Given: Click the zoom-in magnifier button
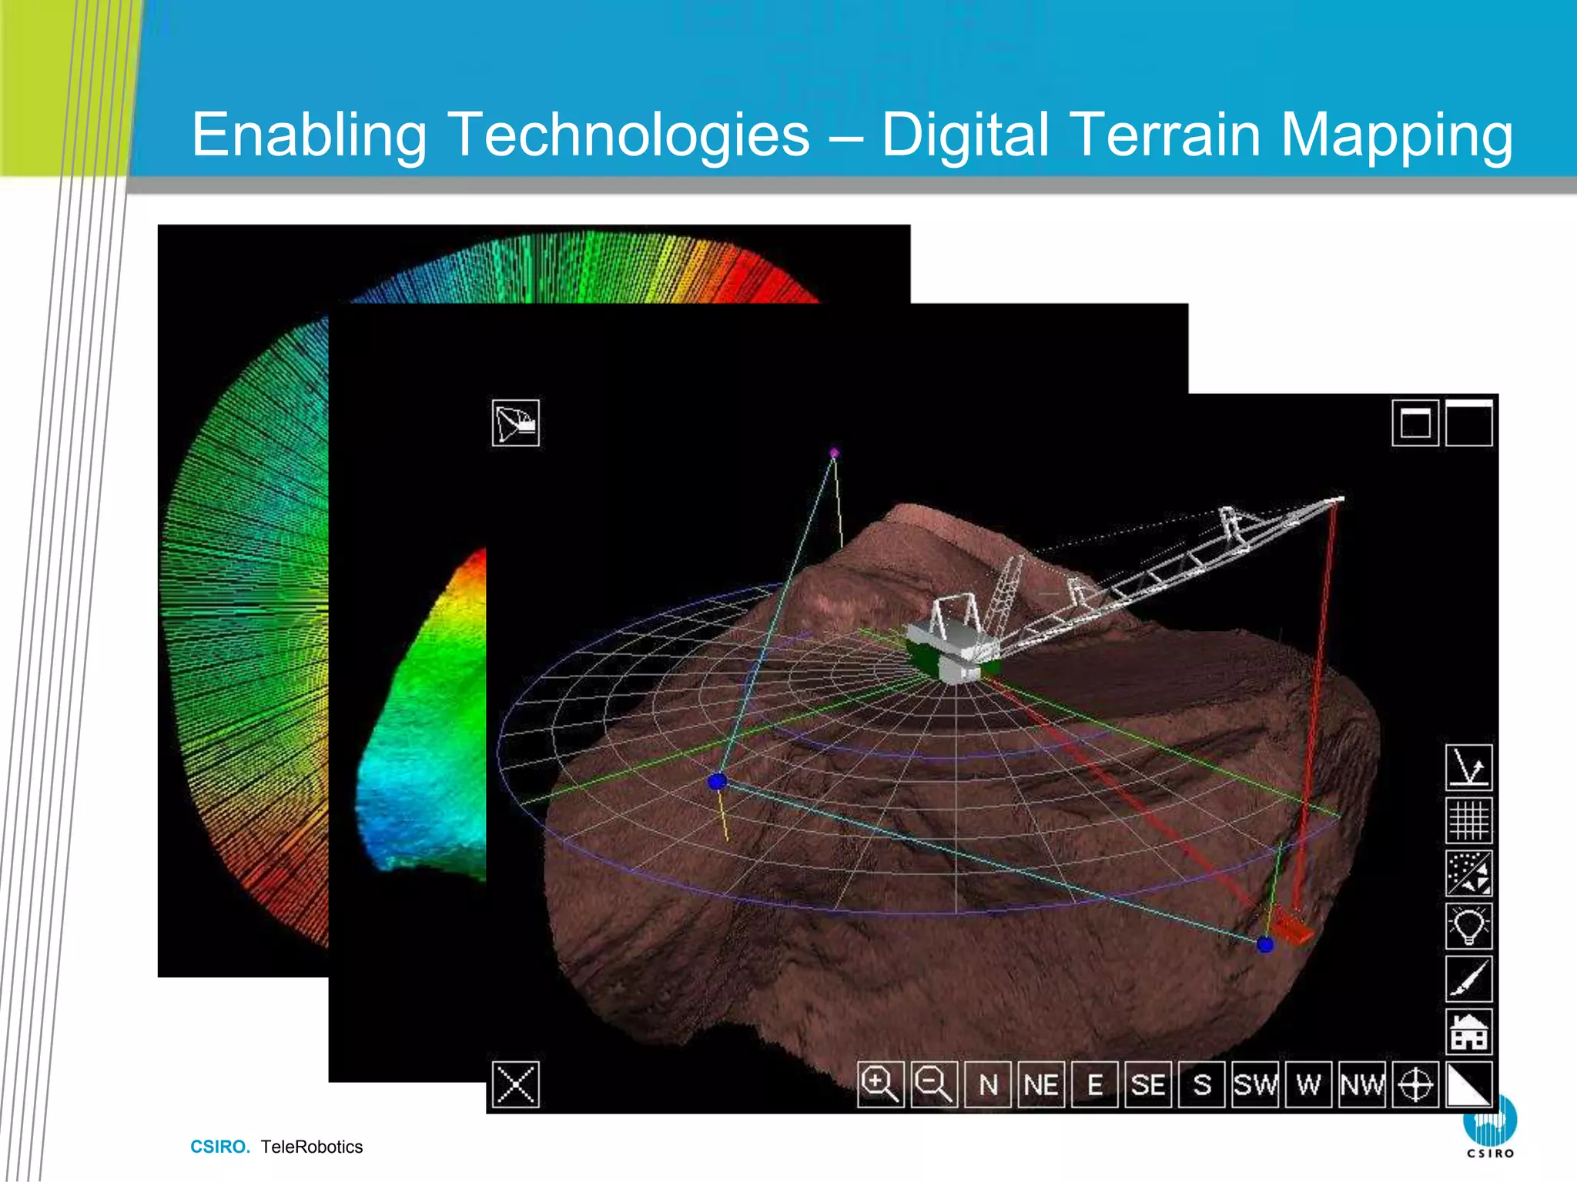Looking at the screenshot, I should point(880,1084).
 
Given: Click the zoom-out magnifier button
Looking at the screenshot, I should point(934,1084).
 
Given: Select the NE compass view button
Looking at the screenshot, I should point(1041,1084).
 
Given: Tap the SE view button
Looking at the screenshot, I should point(1148,1084).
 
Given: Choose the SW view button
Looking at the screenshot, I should point(1255,1084).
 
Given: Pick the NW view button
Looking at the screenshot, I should point(1362,1084).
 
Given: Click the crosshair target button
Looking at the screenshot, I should point(1415,1084).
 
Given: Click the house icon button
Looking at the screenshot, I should point(1468,1031).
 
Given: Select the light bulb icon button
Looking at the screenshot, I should point(1468,926).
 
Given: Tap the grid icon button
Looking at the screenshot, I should point(1468,820).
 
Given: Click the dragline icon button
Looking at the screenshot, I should point(515,423).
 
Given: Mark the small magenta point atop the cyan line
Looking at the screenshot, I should point(834,453).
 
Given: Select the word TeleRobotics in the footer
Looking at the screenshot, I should point(312,1147).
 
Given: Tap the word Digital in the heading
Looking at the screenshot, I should point(966,135).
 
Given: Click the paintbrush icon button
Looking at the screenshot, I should point(1468,979).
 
